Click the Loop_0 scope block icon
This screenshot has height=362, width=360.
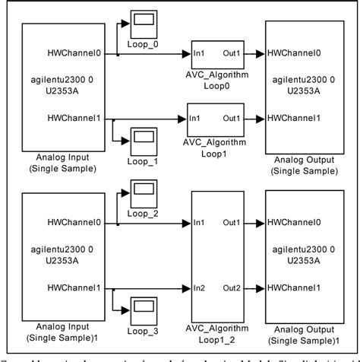pos(143,24)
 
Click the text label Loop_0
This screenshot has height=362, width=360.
pos(143,43)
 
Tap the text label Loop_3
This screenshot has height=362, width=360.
pos(143,331)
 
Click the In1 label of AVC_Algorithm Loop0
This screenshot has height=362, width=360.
pos(201,54)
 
